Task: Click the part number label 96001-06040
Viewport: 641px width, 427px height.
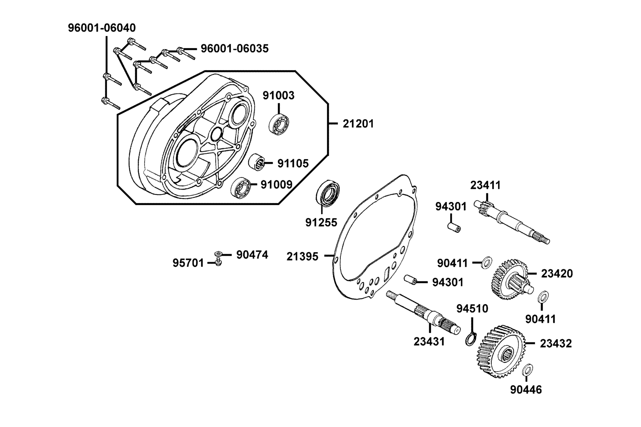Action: pos(102,28)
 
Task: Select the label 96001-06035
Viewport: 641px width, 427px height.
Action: pos(235,48)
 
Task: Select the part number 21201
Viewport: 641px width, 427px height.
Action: pos(359,124)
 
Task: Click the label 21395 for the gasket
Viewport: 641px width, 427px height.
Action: pos(302,256)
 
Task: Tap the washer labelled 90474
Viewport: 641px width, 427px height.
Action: pos(219,254)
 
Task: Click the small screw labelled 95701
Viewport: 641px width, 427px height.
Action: pos(219,263)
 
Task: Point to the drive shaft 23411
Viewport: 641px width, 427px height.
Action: pos(512,222)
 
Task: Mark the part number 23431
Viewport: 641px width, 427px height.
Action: pos(429,342)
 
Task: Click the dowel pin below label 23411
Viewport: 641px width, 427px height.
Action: pos(454,227)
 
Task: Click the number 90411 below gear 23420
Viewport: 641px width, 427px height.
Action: pos(541,319)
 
